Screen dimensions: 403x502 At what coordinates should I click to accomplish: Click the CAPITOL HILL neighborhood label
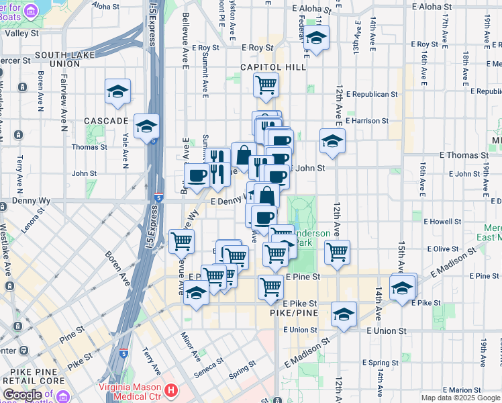[273, 67]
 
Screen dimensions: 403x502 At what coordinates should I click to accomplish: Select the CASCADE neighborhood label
[106, 121]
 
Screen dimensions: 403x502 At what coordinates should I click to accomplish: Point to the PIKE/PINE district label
[293, 313]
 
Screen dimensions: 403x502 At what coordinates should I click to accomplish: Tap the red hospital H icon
[172, 390]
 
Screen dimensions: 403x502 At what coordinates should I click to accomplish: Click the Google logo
[22, 395]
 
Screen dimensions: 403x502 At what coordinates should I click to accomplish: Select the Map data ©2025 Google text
[460, 398]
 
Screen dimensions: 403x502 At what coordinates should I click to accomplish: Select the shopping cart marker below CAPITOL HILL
[266, 85]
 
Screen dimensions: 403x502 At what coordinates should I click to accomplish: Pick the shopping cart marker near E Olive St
[337, 252]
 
